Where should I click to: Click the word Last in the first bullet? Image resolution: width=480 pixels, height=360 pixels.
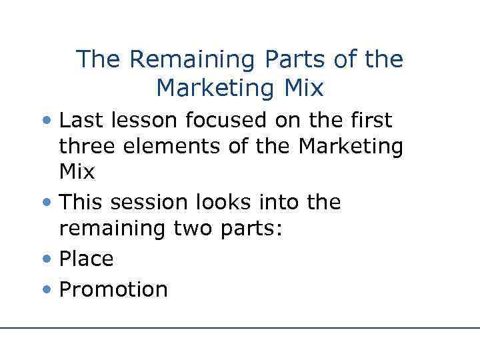point(80,120)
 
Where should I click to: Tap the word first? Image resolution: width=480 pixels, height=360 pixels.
point(369,120)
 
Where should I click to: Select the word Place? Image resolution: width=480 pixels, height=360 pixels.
point(87,259)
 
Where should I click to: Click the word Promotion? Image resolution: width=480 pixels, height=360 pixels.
point(113,289)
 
